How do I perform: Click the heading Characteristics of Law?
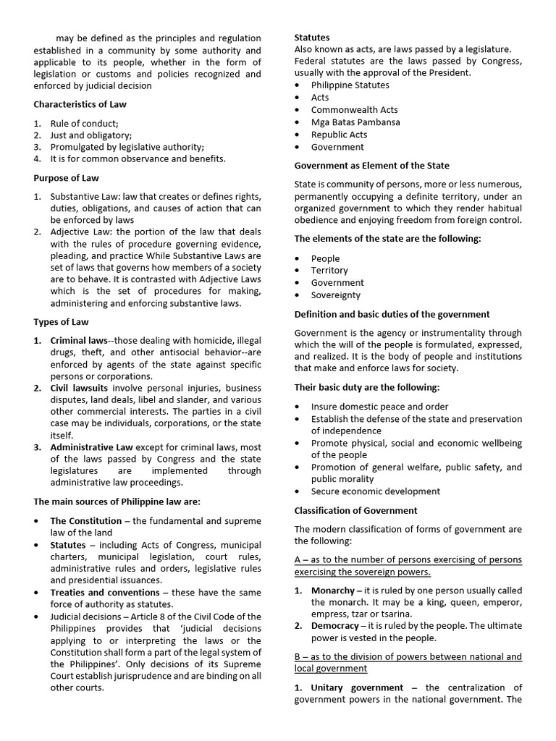(80, 104)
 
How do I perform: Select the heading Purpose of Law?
(67, 178)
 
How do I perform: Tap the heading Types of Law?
(62, 321)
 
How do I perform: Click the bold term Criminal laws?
(78, 340)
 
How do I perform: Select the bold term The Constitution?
(85, 520)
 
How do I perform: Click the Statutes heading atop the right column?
(312, 37)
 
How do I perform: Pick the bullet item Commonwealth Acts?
(354, 110)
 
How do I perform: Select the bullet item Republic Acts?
(339, 135)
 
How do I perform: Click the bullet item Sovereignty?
(336, 295)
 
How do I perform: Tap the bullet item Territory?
(329, 271)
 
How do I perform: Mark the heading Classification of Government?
(355, 510)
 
